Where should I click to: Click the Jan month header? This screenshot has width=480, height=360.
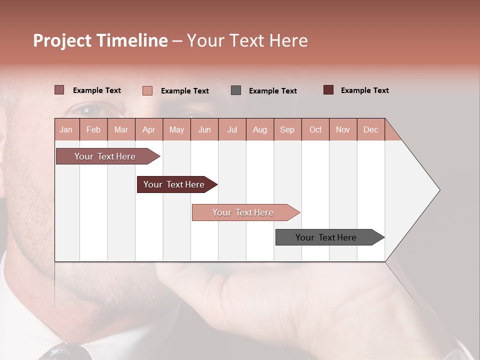click(x=66, y=129)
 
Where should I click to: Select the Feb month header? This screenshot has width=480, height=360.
click(x=93, y=129)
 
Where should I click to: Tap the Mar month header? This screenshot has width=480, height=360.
click(x=121, y=129)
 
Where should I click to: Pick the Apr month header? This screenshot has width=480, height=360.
click(x=148, y=129)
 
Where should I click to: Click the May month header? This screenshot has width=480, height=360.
click(x=176, y=129)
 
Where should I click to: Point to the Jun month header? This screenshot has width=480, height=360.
click(x=204, y=129)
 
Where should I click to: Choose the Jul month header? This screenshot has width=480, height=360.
click(x=232, y=129)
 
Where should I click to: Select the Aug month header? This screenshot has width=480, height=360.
click(x=259, y=129)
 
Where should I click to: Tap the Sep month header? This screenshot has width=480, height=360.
click(x=287, y=129)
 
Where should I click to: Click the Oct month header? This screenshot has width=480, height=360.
click(x=315, y=129)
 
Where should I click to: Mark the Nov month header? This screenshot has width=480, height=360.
click(x=342, y=129)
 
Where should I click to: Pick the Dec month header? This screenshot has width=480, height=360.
click(x=370, y=129)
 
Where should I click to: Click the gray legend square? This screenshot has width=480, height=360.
click(x=236, y=90)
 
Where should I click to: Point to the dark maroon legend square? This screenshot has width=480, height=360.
click(x=328, y=90)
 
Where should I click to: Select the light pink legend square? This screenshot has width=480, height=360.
click(x=147, y=90)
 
